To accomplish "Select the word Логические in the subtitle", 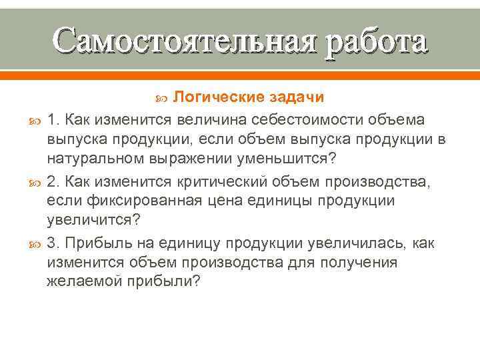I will point(218,98).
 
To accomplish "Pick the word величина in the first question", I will point(208,119).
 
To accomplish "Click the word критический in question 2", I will point(212,181).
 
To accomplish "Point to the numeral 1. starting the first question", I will point(52,119).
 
